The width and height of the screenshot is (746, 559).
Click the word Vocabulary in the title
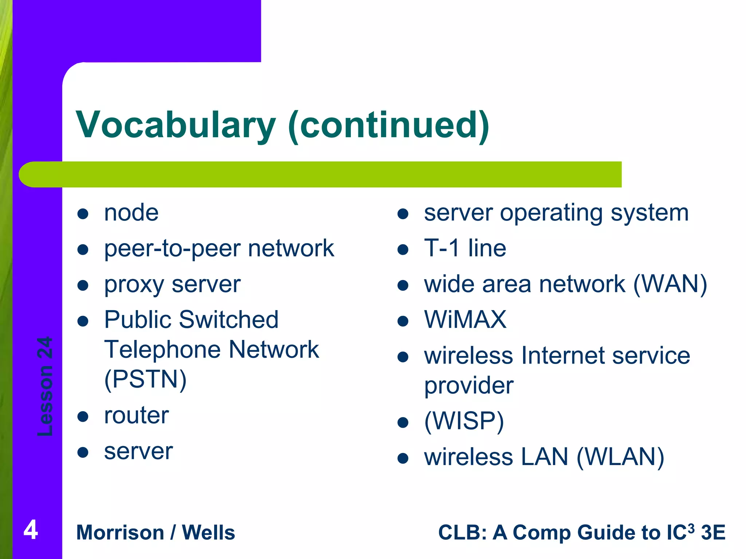(x=176, y=125)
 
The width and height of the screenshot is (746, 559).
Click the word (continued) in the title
(x=388, y=125)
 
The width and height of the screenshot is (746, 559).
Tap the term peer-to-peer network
(x=219, y=249)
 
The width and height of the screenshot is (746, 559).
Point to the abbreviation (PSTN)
(x=145, y=379)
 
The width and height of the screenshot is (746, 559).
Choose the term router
(x=136, y=415)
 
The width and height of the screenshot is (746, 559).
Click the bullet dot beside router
(x=83, y=417)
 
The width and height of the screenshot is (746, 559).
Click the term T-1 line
(x=465, y=249)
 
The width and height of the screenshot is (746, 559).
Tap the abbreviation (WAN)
(x=670, y=284)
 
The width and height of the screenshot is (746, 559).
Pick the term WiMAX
(x=465, y=320)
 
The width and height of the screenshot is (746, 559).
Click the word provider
(x=469, y=385)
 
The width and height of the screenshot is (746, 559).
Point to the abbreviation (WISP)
(x=464, y=421)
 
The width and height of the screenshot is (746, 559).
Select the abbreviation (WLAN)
(x=620, y=457)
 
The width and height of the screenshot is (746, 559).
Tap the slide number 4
(x=31, y=530)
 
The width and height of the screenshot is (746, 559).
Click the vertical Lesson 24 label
(x=45, y=386)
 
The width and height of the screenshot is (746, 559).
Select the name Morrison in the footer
(x=120, y=533)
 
